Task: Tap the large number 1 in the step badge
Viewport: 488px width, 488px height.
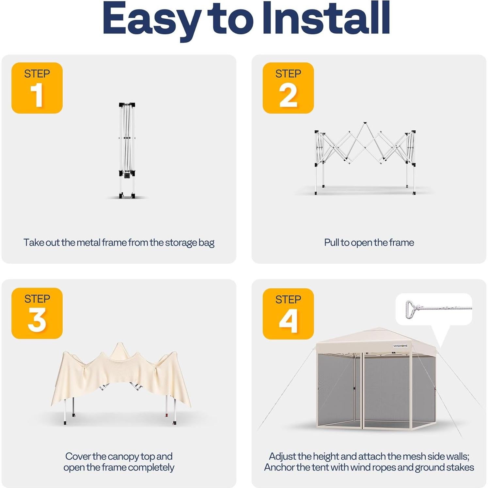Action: pyautogui.click(x=37, y=95)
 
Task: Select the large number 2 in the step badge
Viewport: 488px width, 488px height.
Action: pyautogui.click(x=288, y=95)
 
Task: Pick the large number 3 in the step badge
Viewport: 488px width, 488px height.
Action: pyautogui.click(x=37, y=320)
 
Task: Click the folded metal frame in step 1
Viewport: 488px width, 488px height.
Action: pyautogui.click(x=127, y=150)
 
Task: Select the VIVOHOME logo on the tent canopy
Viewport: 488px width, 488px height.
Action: pyautogui.click(x=400, y=346)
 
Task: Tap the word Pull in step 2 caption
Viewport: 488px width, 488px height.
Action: pyautogui.click(x=332, y=243)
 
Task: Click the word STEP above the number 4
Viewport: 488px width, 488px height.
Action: pyautogui.click(x=288, y=299)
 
